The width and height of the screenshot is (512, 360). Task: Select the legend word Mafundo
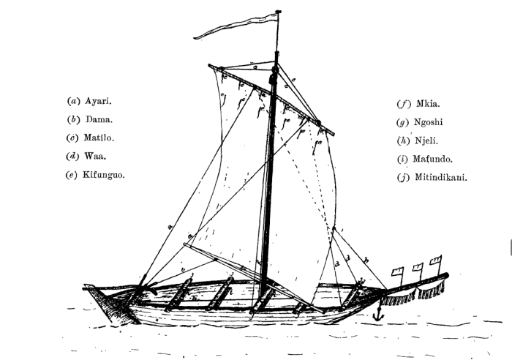434,158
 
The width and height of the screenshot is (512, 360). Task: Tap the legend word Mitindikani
442,176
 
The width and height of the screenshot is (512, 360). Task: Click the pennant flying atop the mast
234,26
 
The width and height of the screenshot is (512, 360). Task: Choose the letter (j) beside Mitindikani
402,176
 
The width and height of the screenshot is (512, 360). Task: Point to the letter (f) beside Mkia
402,103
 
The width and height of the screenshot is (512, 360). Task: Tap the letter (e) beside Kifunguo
72,174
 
